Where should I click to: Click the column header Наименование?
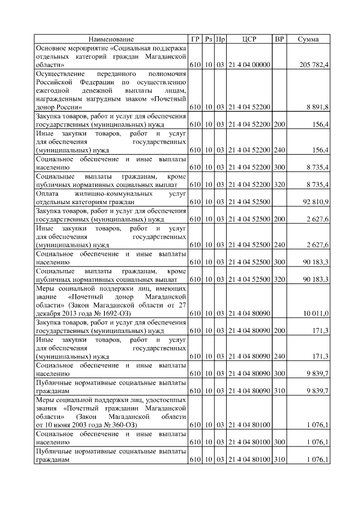[x=111, y=39]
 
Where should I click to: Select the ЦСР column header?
[x=249, y=39]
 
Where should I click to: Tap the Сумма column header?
[x=308, y=39]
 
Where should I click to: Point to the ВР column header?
[x=279, y=39]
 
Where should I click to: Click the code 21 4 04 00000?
[x=249, y=65]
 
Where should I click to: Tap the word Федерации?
[x=93, y=82]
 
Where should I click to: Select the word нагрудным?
[x=98, y=98]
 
